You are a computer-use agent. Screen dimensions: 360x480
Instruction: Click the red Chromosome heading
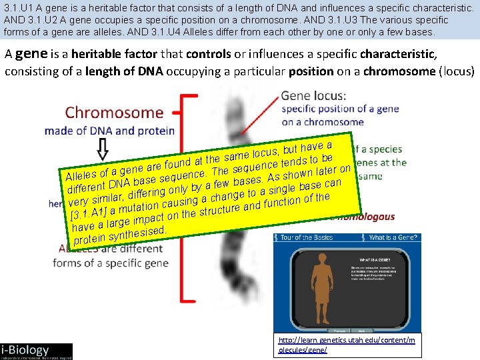(114, 112)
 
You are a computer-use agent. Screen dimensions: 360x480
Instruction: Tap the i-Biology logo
(37, 350)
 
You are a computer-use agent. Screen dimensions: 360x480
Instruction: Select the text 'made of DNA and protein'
(109, 131)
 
